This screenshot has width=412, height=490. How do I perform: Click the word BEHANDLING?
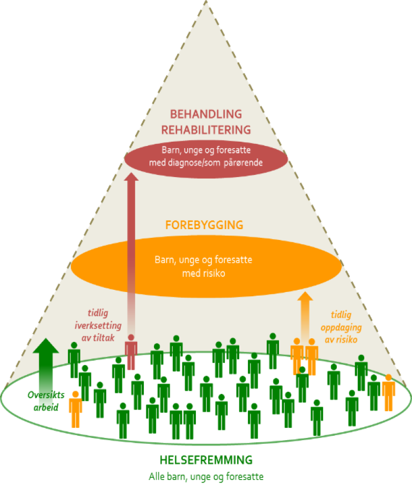click(206, 114)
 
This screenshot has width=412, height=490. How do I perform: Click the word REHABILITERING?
click(206, 129)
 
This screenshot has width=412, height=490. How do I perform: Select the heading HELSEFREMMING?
click(206, 460)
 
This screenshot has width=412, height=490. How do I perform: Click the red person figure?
click(130, 352)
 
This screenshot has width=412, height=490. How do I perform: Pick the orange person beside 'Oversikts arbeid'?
click(76, 408)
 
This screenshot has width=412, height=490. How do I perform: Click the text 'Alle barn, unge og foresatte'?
click(206, 476)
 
